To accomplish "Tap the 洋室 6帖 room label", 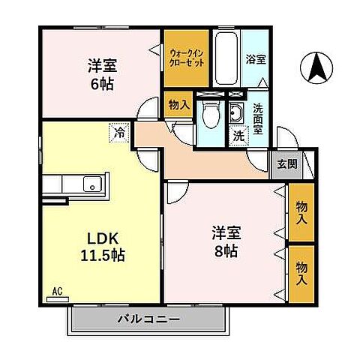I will pos(100,73).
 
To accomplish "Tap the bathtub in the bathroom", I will pos(226,58).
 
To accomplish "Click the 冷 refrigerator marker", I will pos(118,133).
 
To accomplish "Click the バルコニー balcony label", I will pos(148,319).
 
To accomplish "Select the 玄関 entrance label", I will pos(286,164).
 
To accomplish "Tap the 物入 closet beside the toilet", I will pos(178,106).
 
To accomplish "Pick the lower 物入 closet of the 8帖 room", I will pos(301,272).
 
